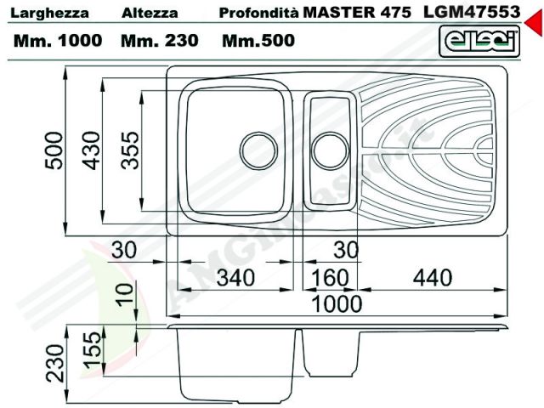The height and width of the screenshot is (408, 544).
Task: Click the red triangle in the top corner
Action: [x=534, y=26]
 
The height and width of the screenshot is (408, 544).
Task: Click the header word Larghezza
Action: [x=47, y=14]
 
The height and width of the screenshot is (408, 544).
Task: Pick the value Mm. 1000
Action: [x=59, y=40]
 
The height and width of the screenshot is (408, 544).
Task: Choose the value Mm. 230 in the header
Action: [x=159, y=40]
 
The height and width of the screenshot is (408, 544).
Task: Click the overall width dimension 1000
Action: [x=337, y=303]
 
